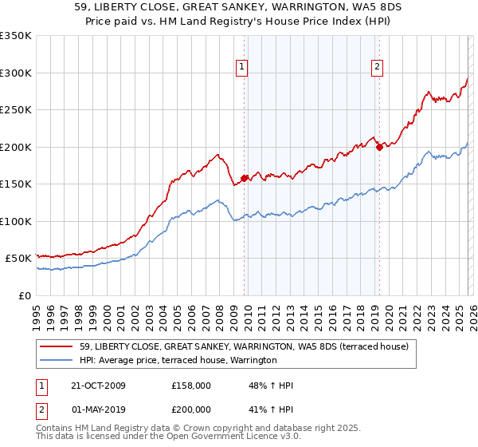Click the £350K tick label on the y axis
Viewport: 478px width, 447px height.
coord(16,36)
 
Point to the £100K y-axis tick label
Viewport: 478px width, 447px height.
coord(16,221)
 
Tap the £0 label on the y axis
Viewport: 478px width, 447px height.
coord(24,295)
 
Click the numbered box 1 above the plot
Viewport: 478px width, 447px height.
coord(241,68)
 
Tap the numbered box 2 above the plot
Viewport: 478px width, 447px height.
coord(377,68)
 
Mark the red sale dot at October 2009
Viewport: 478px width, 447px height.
coord(244,178)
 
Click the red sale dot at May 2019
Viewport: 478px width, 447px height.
coord(379,147)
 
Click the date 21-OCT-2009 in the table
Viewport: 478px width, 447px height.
coord(97,386)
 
